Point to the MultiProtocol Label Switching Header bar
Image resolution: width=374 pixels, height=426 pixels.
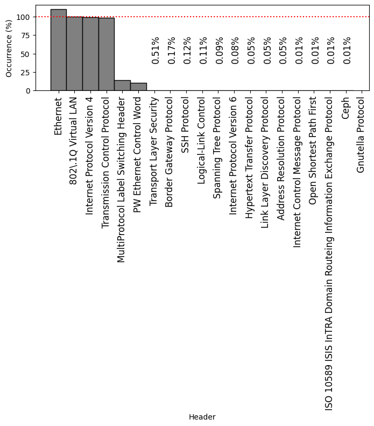tap(122, 86)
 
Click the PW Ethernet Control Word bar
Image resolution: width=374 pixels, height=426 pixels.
tap(138, 87)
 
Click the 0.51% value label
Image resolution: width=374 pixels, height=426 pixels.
tap(156, 51)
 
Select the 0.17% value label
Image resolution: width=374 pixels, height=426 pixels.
tap(172, 51)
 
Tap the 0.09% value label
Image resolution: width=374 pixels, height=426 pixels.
tap(220, 51)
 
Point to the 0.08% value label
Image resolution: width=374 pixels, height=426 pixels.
tap(236, 51)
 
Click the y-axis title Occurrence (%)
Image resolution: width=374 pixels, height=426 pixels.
tap(9, 48)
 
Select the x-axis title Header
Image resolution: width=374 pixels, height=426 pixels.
tap(202, 417)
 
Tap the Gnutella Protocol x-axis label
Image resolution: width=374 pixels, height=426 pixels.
tap(361, 134)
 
